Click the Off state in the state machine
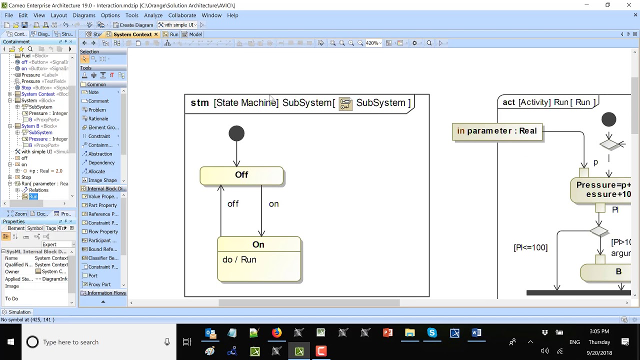pos(241,175)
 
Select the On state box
pos(259,245)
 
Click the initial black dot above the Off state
pos(236,133)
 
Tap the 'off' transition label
pos(233,204)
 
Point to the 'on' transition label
pos(273,204)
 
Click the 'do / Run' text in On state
pos(239,260)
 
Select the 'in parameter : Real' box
pos(497,131)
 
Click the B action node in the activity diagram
pos(618,272)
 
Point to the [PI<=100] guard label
pos(530,247)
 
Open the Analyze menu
pos(153,15)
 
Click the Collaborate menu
pos(182,15)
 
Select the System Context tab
pos(132,34)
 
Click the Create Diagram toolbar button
pos(133,25)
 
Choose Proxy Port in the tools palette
pos(99,284)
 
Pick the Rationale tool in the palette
pos(98,118)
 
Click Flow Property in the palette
pos(103,231)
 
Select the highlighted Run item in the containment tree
pos(33,196)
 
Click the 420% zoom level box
pos(372,43)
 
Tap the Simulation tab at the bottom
pos(19,312)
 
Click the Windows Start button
pos(10,342)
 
